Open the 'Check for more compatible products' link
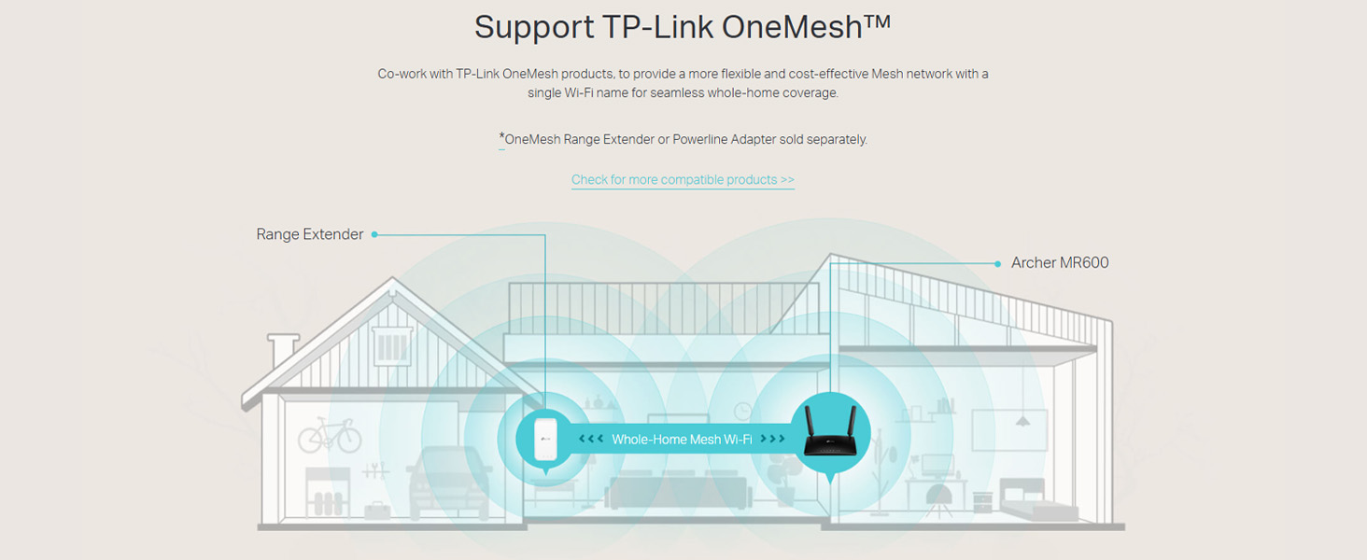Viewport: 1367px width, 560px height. click(683, 179)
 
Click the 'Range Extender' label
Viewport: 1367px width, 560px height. click(309, 234)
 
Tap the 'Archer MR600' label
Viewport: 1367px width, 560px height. click(1060, 263)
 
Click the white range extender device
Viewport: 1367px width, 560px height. click(544, 439)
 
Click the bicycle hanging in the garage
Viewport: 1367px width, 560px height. click(329, 435)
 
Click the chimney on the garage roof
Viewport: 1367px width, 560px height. click(282, 352)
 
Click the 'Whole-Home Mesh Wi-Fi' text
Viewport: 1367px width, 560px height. click(682, 439)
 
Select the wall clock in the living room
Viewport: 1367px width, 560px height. click(743, 411)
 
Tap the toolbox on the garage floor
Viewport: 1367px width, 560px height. click(377, 510)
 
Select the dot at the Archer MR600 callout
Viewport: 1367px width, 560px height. click(998, 263)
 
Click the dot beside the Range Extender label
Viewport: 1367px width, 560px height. click(374, 234)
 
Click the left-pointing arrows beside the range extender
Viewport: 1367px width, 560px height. click(590, 439)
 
